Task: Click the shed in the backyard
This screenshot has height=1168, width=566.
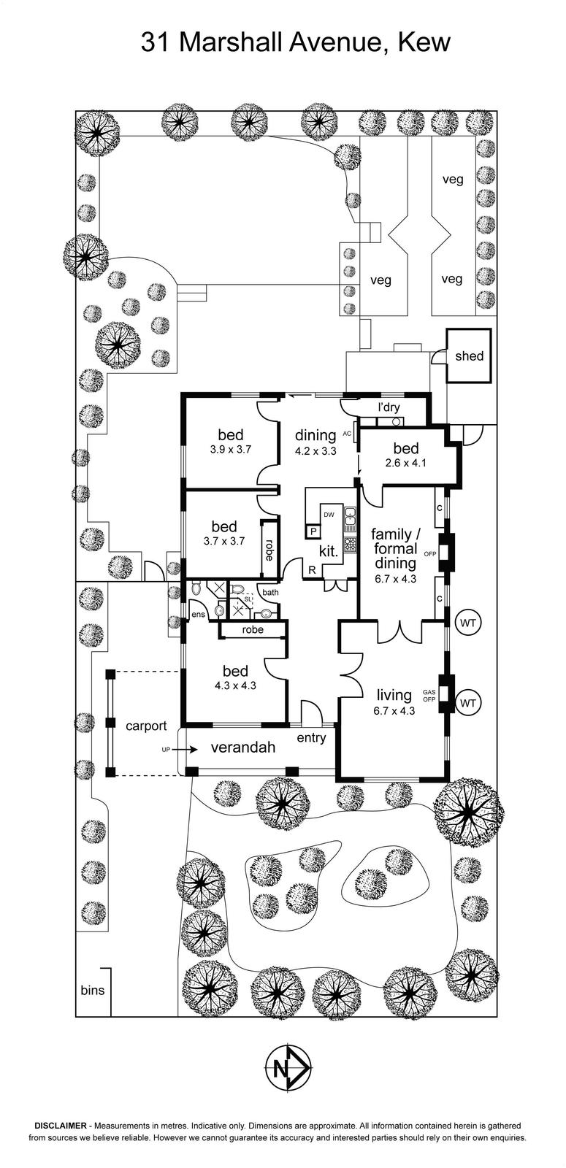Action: tap(469, 356)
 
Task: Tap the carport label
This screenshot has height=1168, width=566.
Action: tap(146, 726)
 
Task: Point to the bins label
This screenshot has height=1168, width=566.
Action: tap(93, 991)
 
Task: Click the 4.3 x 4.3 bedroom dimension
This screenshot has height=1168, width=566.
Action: tap(231, 685)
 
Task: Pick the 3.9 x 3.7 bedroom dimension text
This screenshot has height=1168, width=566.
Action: tap(230, 450)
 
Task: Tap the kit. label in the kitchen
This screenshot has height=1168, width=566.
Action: tap(329, 551)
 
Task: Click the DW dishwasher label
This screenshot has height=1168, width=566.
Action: tap(329, 515)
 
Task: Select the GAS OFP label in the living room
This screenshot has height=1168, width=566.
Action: tap(429, 695)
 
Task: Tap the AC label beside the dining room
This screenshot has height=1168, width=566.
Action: tap(348, 434)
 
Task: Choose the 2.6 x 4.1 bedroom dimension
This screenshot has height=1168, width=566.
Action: tap(406, 463)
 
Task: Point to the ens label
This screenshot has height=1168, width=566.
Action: tap(198, 615)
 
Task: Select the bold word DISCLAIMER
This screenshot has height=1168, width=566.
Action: tap(61, 1126)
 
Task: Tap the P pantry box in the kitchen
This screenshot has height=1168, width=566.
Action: tap(313, 531)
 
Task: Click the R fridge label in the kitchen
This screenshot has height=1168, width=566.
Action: tap(312, 569)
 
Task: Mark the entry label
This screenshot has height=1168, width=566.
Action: tap(311, 738)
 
